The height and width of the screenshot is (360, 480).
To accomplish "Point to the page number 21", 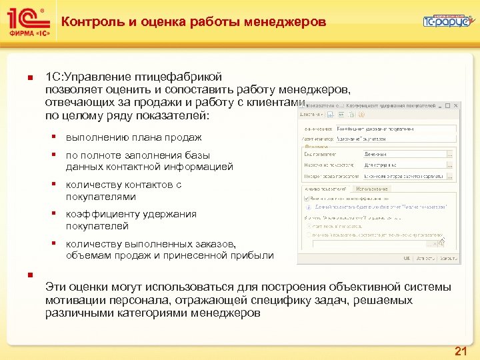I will (x=460, y=351).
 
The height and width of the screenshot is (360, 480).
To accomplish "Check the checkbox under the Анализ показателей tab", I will (x=305, y=198).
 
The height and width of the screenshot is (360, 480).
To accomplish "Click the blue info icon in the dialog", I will (x=307, y=207).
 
